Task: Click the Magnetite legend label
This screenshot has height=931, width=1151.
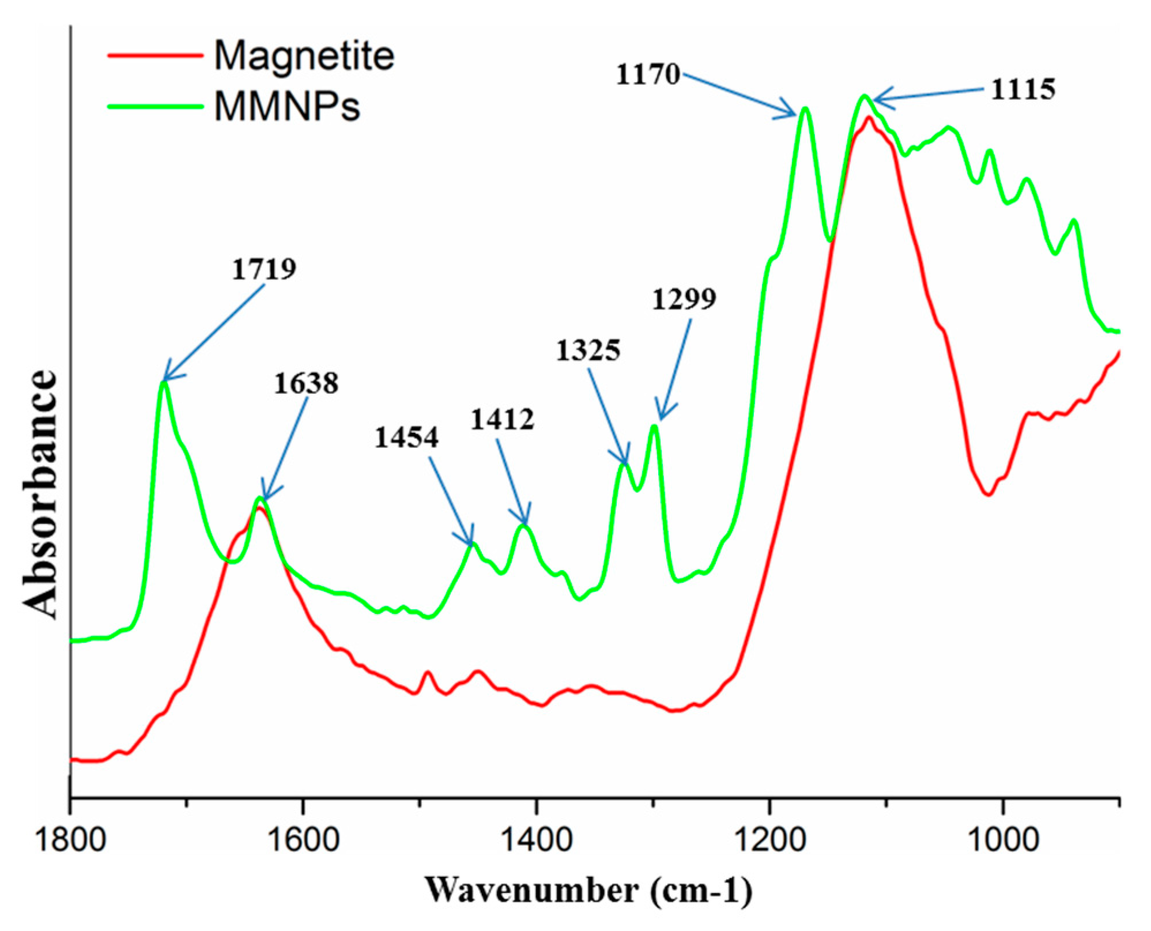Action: [x=304, y=56]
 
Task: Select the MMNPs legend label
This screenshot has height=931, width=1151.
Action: [x=286, y=106]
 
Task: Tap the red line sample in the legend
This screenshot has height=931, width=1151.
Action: [x=155, y=56]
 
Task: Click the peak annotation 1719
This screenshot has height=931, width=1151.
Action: [x=264, y=269]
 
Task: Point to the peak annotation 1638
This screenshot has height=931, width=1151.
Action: [x=305, y=383]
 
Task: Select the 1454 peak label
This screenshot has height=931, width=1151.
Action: [x=406, y=438]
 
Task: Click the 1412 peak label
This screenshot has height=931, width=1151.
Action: [x=502, y=419]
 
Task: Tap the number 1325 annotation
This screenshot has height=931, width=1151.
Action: [x=588, y=350]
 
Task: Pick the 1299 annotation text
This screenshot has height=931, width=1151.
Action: [x=684, y=299]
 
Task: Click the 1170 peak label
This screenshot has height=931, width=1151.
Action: [x=648, y=74]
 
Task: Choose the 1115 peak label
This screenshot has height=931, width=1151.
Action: [x=1022, y=89]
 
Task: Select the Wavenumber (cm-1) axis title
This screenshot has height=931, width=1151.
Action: [x=588, y=890]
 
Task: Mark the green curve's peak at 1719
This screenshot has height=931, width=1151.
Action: [x=164, y=382]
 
